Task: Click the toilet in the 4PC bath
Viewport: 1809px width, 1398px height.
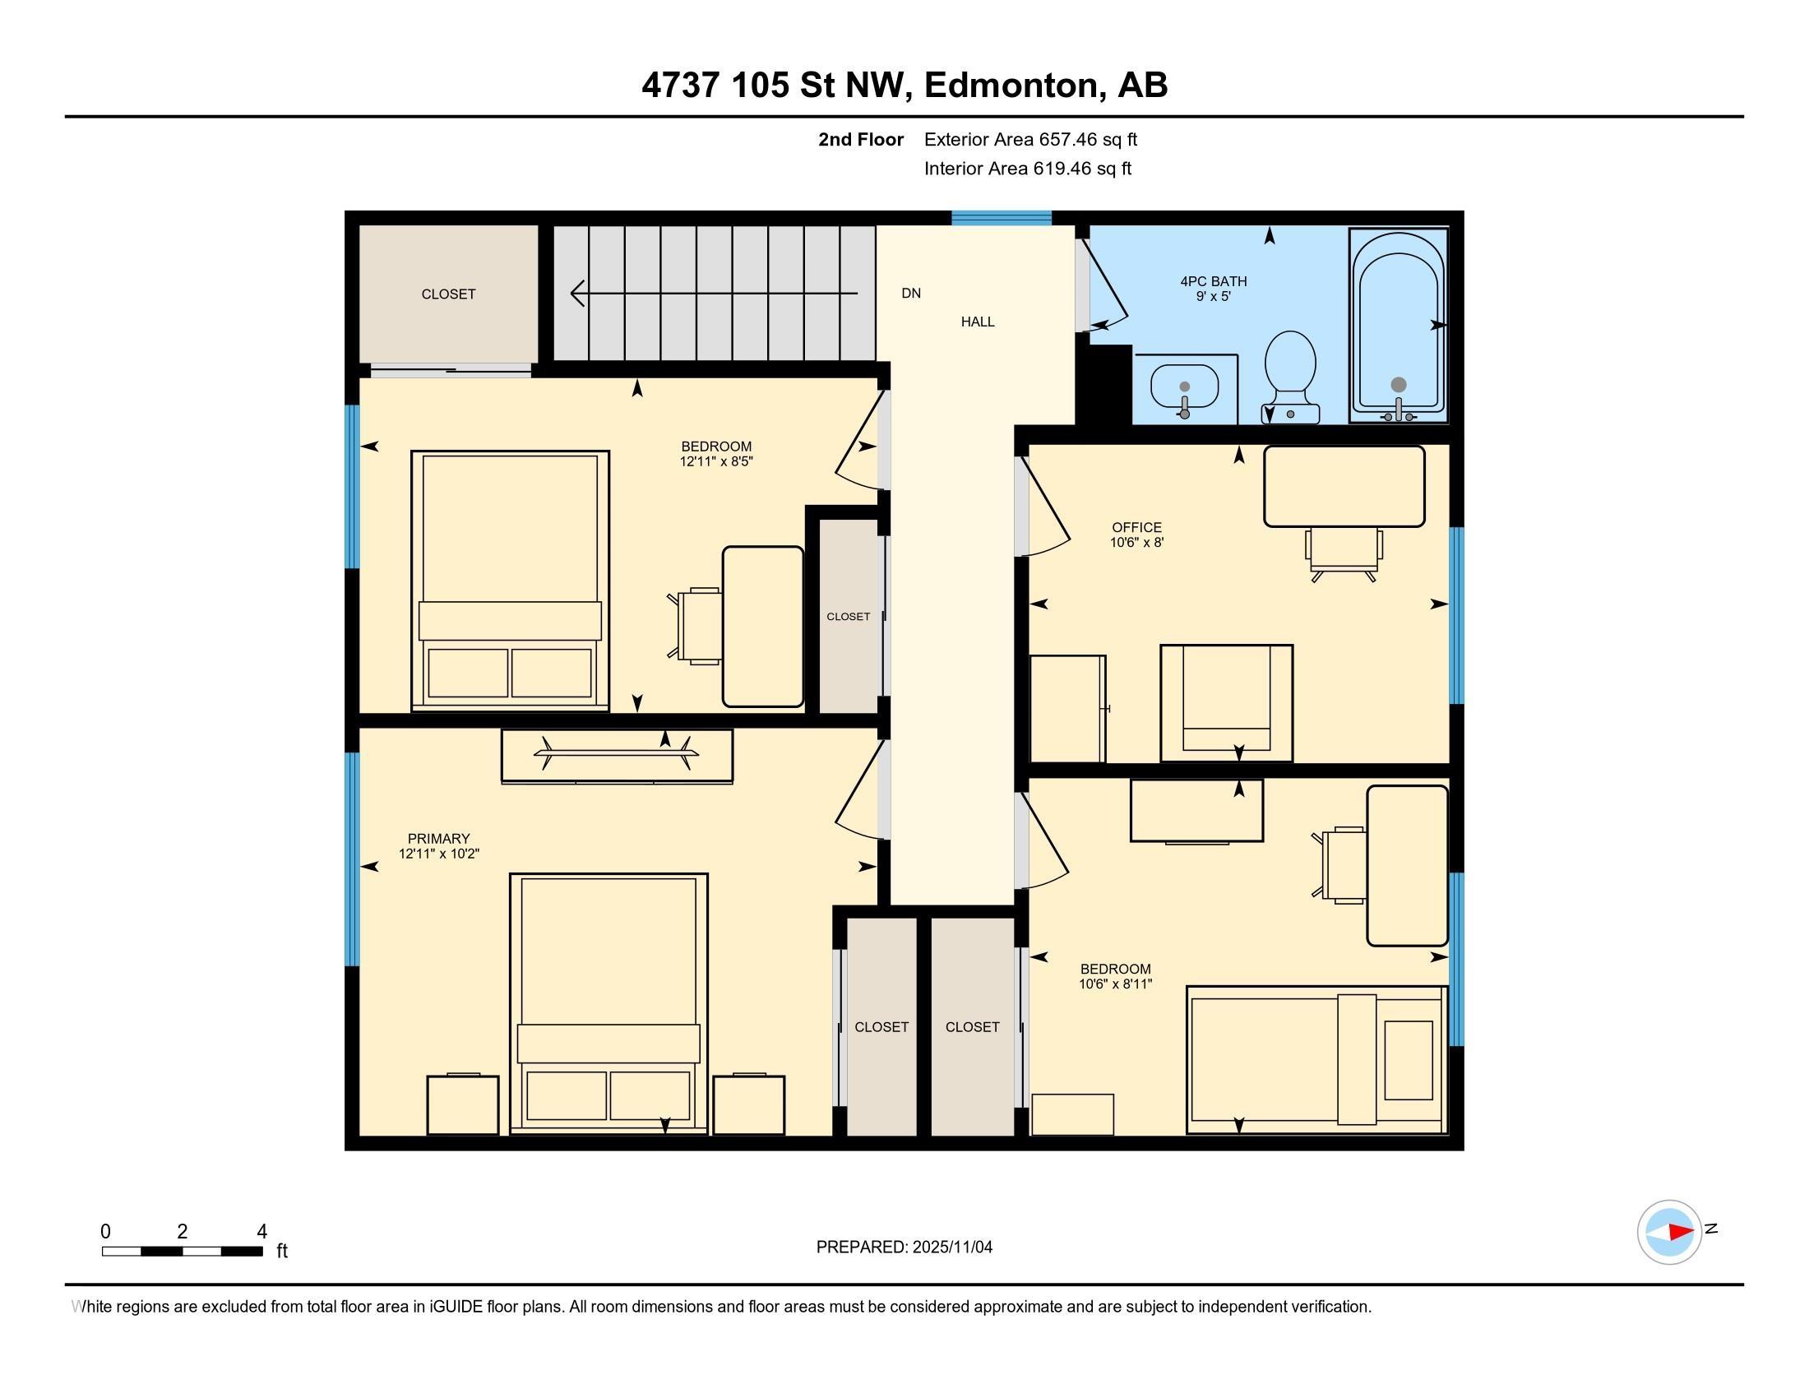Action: click(x=1290, y=377)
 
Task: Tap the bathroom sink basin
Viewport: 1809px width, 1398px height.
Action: click(x=1184, y=387)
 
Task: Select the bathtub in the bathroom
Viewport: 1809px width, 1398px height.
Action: click(x=1398, y=326)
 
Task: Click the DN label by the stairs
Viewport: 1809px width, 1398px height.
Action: click(x=911, y=294)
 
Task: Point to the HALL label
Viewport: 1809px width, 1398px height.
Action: click(x=978, y=322)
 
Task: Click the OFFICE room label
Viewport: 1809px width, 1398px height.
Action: click(x=1136, y=527)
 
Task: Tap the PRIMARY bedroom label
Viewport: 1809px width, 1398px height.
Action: click(x=438, y=838)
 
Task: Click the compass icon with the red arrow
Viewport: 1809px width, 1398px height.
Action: click(x=1669, y=1232)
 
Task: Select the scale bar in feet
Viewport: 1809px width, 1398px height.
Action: click(x=183, y=1251)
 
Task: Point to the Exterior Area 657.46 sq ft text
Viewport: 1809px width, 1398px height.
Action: click(x=1030, y=139)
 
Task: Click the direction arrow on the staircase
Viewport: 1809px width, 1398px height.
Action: click(x=714, y=294)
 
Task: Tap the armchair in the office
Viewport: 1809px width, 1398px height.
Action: click(x=1226, y=702)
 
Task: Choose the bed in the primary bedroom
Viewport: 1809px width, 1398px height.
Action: click(x=608, y=1003)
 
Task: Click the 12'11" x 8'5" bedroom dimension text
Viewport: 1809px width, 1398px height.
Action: click(x=716, y=461)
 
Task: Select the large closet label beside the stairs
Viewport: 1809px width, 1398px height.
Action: click(x=448, y=294)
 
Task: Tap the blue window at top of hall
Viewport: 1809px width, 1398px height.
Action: click(x=1002, y=218)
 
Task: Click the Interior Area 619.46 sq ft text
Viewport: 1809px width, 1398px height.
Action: click(x=1028, y=168)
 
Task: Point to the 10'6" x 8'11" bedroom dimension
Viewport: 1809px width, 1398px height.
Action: click(x=1115, y=984)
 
